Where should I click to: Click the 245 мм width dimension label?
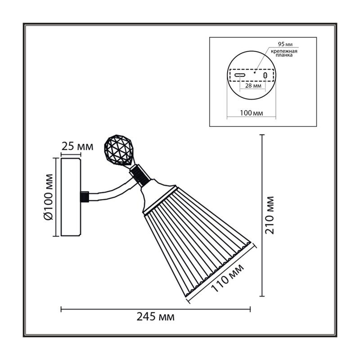tap(155, 317)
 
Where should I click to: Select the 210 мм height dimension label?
tap(269, 216)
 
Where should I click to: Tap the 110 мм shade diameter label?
tap(227, 278)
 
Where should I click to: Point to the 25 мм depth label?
tap(77, 146)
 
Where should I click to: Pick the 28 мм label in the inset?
tap(253, 85)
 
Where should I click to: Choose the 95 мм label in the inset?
tap(285, 44)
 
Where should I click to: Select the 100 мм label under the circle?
tap(252, 113)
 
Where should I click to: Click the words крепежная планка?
tap(284, 53)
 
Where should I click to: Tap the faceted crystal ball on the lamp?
tap(118, 150)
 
